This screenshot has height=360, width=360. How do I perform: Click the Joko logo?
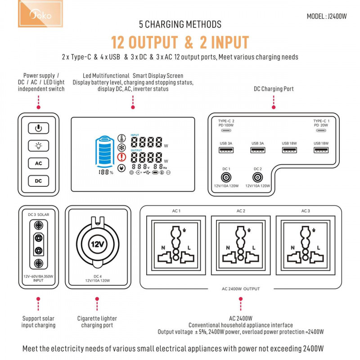click(x=40, y=13)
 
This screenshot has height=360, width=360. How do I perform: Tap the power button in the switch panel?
click(x=39, y=128)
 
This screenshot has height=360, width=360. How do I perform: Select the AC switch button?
click(x=39, y=163)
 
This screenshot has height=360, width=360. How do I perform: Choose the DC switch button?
click(x=39, y=181)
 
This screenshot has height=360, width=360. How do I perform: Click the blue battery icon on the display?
click(x=105, y=152)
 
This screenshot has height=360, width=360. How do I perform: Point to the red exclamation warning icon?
click(x=121, y=157)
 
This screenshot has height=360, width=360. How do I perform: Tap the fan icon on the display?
click(x=121, y=148)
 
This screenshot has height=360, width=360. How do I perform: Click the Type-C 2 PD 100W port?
click(x=226, y=130)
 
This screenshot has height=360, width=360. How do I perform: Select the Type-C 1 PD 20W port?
click(x=321, y=130)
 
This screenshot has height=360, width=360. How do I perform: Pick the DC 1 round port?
click(x=226, y=177)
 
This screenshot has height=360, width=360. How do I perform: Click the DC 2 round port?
click(x=257, y=177)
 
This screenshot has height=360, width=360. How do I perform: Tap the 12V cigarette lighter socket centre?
click(x=98, y=244)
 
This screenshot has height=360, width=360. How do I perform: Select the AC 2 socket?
click(x=241, y=245)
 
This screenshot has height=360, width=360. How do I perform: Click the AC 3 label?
click(x=306, y=211)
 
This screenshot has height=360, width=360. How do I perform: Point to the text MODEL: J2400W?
click(x=327, y=17)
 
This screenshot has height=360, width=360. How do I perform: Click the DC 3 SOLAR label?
click(x=39, y=215)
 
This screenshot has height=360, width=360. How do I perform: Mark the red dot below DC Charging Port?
click(x=274, y=107)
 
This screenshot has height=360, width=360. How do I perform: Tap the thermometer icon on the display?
click(x=121, y=138)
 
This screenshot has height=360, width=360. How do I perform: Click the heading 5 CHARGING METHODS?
click(x=180, y=24)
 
